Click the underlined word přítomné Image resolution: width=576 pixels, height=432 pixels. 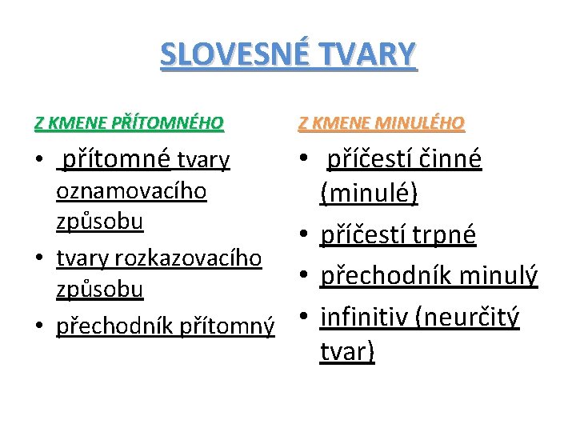click(x=116, y=161)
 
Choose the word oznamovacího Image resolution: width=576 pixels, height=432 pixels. click(x=131, y=192)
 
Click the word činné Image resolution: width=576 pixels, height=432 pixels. click(x=445, y=159)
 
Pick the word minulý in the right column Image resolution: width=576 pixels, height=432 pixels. click(x=498, y=276)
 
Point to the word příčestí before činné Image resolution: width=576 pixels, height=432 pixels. click(x=366, y=159)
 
